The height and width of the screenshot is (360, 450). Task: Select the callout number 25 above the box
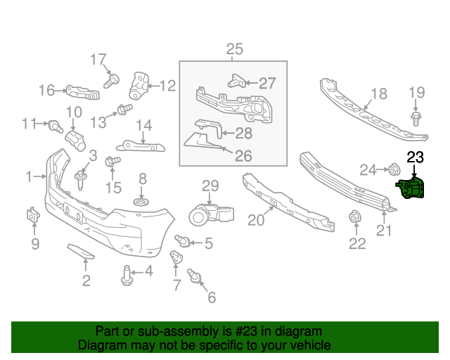tap(234, 49)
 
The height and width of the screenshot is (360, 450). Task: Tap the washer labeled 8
tap(141, 202)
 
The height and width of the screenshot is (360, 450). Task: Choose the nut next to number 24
tap(394, 169)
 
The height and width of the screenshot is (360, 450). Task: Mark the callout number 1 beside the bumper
tap(29, 176)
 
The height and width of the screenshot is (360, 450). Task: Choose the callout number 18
tap(378, 94)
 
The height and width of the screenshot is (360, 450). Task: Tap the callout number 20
tap(255, 220)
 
